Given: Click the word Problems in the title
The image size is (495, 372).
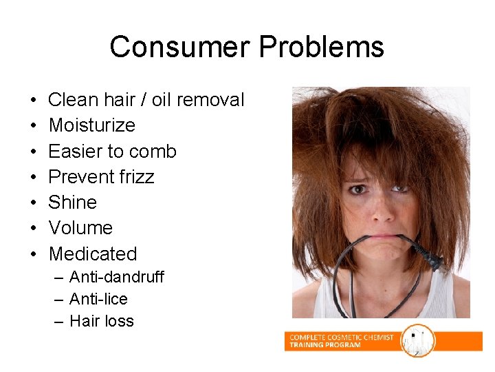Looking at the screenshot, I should click(322, 47).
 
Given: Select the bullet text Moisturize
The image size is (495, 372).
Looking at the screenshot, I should click(92, 125).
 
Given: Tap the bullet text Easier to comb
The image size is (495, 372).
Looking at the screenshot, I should click(113, 151).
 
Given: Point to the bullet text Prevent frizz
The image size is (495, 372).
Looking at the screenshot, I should click(102, 176).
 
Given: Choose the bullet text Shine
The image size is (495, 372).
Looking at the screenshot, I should click(73, 202).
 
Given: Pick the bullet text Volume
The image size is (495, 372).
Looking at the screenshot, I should click(81, 227).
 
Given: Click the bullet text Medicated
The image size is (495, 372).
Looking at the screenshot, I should click(93, 254).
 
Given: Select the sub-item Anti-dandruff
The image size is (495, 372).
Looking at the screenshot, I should click(117, 277).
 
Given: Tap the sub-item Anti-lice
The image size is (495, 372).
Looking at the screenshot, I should click(98, 299).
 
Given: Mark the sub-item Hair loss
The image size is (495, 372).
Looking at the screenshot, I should click(102, 321).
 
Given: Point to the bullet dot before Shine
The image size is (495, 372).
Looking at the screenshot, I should click(34, 202).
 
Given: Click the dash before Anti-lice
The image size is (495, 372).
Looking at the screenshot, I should click(58, 299).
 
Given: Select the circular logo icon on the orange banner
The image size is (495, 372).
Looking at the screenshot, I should click(417, 340).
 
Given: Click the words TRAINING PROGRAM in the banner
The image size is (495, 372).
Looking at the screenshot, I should click(325, 344).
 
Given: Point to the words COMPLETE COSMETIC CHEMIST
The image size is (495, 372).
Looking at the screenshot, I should click(342, 337).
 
